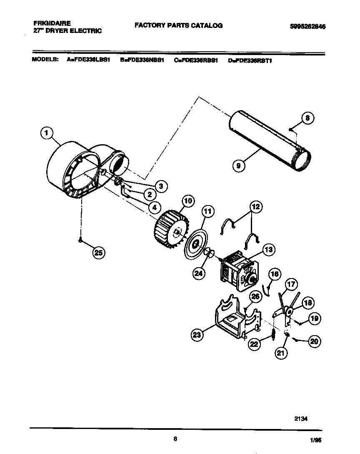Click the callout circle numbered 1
point(47,133)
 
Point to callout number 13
point(269,250)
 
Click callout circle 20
point(315,341)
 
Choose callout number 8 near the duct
point(307,118)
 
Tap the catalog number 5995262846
point(307,26)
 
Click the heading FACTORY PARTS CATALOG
point(178,25)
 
